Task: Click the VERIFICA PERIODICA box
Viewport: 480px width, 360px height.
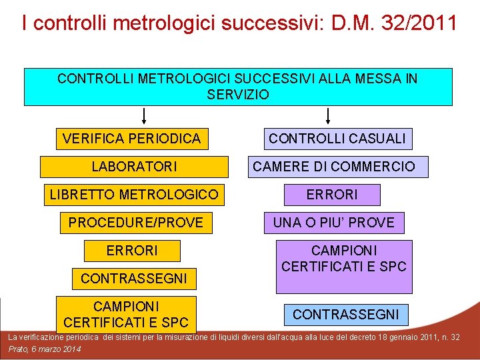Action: point(131,139)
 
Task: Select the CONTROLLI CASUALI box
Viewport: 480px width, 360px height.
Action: point(337,139)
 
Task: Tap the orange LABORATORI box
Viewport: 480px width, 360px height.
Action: point(134,167)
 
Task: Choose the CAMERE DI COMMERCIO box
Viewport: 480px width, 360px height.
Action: point(333,167)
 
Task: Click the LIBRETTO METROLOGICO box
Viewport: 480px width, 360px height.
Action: point(133,195)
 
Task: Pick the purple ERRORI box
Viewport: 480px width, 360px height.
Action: point(331,195)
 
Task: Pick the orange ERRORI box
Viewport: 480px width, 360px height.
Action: point(132,251)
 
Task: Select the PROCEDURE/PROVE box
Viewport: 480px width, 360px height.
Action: point(135,223)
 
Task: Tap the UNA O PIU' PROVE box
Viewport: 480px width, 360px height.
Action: point(333,223)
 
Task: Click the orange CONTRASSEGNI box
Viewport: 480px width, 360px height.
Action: point(133,278)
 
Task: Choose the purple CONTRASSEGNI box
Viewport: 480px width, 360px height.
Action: point(345,314)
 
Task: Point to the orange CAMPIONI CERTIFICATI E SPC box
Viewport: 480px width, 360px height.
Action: point(126,314)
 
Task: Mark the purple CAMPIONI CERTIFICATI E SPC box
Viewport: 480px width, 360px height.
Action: point(344,266)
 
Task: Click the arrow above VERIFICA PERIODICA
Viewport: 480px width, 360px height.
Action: point(144,117)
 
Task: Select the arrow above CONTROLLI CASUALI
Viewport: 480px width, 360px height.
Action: point(328,117)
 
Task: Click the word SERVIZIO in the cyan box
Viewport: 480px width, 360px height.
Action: point(238,95)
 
